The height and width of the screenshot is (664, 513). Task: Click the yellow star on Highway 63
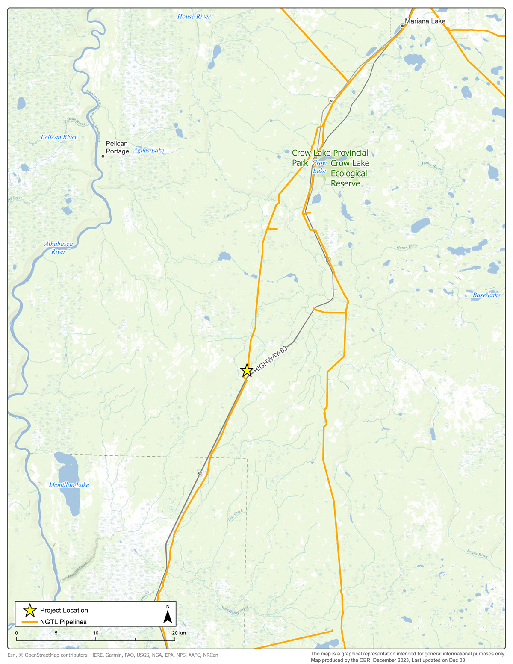(246, 370)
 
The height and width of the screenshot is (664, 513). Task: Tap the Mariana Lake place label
(425, 21)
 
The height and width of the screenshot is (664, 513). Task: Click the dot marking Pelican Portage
(103, 156)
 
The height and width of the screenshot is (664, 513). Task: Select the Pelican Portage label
(117, 148)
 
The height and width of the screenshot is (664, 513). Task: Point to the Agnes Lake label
(148, 151)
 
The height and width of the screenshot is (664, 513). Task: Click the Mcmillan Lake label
(69, 485)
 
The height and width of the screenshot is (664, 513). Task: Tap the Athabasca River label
(59, 248)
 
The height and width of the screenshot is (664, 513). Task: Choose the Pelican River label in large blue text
(59, 137)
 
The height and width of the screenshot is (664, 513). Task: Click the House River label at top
(194, 17)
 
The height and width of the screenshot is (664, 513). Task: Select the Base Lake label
(486, 295)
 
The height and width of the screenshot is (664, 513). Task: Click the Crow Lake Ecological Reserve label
(349, 174)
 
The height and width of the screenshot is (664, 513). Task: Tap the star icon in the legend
(29, 610)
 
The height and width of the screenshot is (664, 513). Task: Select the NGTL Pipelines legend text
(63, 622)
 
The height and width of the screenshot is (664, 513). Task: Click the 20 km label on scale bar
(179, 633)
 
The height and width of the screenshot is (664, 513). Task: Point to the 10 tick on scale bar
(96, 633)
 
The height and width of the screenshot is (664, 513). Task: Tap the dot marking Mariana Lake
(402, 26)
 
